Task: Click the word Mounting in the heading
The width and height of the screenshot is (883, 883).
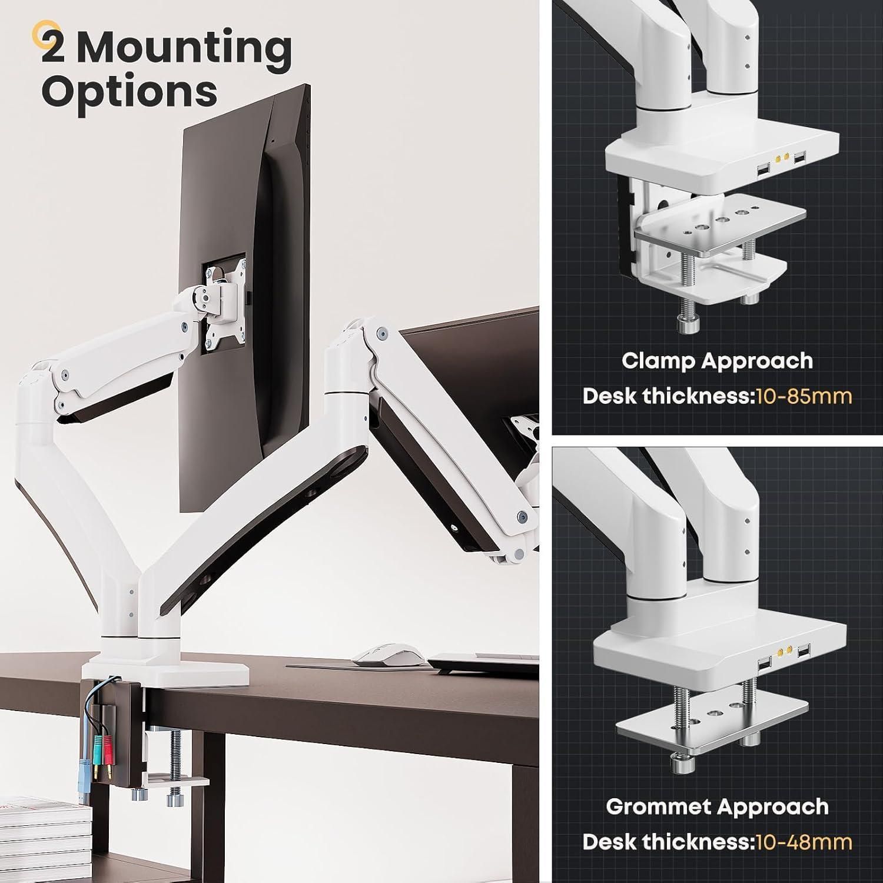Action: [185, 48]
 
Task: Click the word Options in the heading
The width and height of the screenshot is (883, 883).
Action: [130, 91]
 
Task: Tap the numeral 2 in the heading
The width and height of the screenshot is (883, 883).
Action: [54, 47]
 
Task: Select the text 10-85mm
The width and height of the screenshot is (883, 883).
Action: [803, 396]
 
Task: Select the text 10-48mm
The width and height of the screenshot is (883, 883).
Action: [803, 842]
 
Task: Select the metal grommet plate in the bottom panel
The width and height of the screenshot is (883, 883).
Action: [712, 725]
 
